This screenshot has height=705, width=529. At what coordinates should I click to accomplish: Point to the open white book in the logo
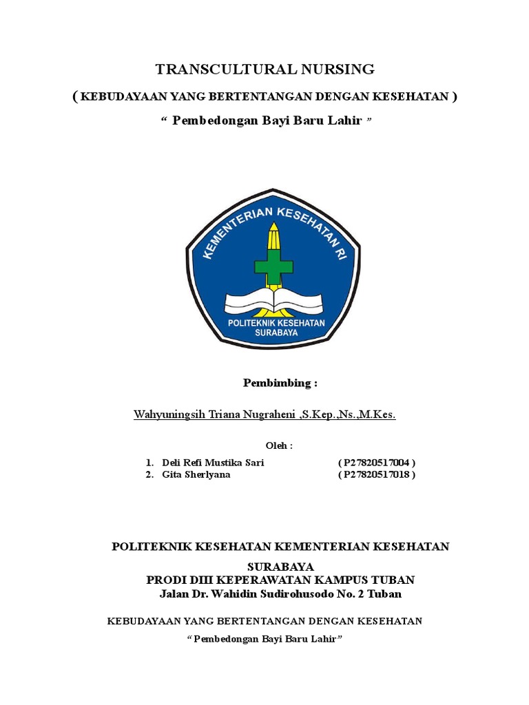point(273,300)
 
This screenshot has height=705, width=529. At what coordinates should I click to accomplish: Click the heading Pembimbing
point(280,383)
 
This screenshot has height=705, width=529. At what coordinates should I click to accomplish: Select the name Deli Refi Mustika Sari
point(212,463)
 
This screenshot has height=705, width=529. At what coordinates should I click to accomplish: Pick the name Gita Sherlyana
point(196,475)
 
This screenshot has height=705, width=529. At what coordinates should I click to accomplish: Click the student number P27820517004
point(377,463)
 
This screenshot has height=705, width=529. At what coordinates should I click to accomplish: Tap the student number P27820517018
point(377,475)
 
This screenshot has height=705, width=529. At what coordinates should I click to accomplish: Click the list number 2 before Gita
point(149,475)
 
